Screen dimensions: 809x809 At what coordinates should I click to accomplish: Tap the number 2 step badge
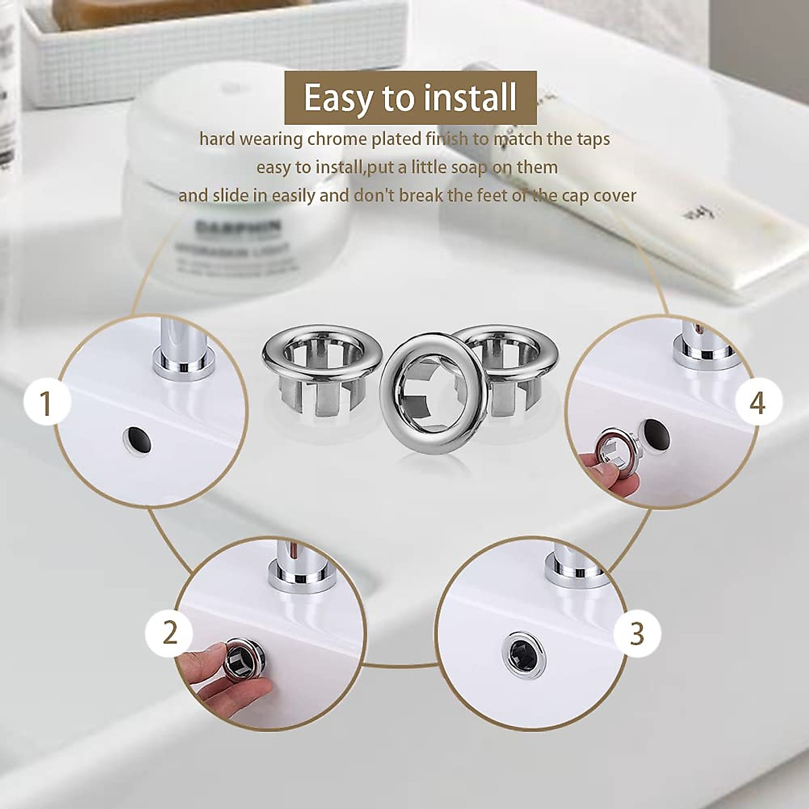pyautogui.click(x=169, y=632)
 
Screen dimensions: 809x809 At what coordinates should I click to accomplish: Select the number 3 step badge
pyautogui.click(x=637, y=633)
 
